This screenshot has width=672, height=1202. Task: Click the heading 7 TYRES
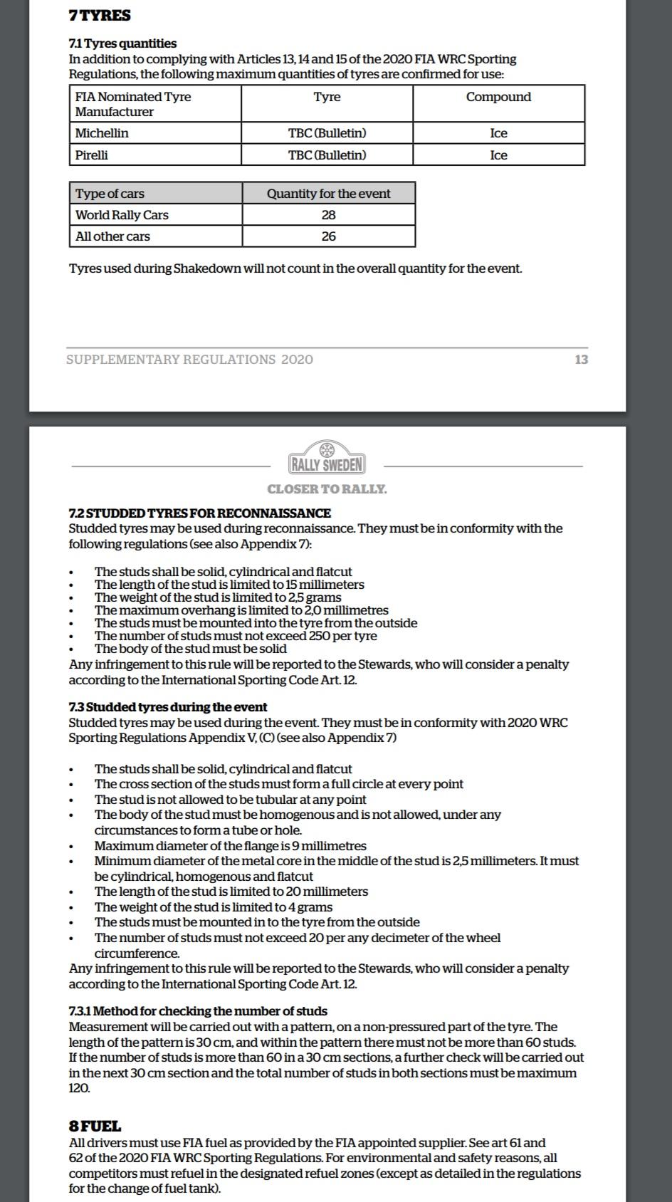100,15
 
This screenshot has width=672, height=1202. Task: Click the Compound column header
498,97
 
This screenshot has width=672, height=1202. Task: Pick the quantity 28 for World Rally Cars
328,214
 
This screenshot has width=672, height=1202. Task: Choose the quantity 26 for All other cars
328,236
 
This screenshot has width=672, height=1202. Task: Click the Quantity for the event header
328,193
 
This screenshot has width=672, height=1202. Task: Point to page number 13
581,359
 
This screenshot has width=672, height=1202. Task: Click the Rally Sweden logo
327,459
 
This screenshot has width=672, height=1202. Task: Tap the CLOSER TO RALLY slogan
327,489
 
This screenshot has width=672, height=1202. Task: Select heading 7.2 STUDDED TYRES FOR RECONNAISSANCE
199,513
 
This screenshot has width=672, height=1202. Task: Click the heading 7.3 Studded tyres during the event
168,707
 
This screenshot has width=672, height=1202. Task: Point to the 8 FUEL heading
95,1126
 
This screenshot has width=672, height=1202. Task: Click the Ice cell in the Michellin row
498,133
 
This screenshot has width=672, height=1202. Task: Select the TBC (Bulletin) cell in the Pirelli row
327,155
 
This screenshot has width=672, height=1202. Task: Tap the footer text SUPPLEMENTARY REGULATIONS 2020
189,359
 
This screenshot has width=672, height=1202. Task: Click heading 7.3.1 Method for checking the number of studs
198,1011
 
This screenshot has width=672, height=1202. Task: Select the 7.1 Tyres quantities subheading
122,43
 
